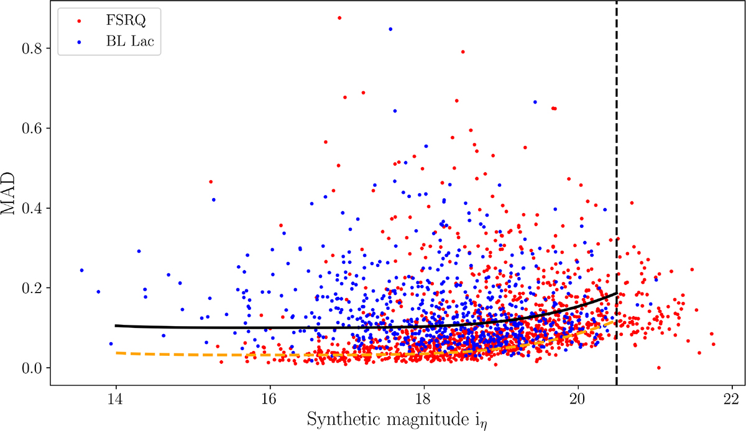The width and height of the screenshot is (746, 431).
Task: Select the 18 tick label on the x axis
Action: (x=424, y=397)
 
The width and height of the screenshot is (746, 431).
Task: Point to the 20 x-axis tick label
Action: (x=578, y=397)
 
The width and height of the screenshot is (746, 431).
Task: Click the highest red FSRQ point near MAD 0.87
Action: (x=339, y=18)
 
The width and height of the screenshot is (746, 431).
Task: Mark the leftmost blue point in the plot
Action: (x=81, y=270)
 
